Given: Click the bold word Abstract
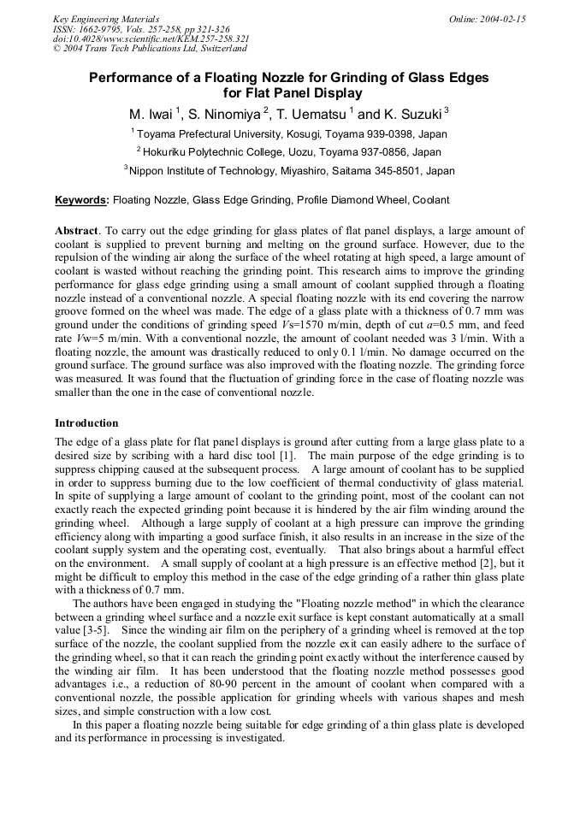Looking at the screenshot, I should coord(76,231).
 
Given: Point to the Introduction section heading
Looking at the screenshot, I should coord(86,423).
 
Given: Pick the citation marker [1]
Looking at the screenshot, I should coord(287,454).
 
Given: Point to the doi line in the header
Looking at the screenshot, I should coord(151,39).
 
